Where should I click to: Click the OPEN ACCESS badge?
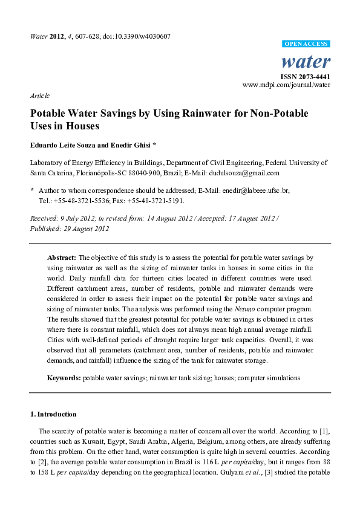click(306, 44)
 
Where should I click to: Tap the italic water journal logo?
click(306, 61)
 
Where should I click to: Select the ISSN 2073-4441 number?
click(305, 77)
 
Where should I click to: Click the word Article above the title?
click(39, 96)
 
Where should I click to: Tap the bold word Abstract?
click(62, 258)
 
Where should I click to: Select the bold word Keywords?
click(64, 378)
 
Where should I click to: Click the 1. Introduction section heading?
click(53, 414)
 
